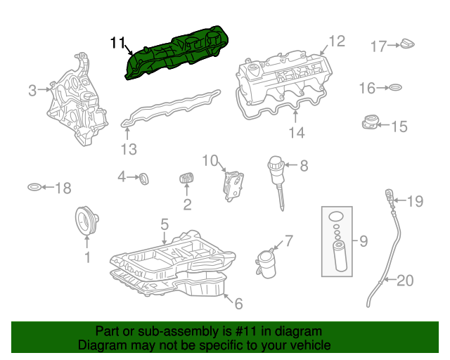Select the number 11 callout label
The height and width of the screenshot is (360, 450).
(117, 43)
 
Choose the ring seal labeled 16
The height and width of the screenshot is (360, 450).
(395, 88)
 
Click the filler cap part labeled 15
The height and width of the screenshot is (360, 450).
(368, 123)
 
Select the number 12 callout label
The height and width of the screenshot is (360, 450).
(337, 41)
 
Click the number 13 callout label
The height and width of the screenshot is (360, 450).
(128, 149)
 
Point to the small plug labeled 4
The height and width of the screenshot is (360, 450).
(143, 178)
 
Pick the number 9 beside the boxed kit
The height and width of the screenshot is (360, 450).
(364, 242)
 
